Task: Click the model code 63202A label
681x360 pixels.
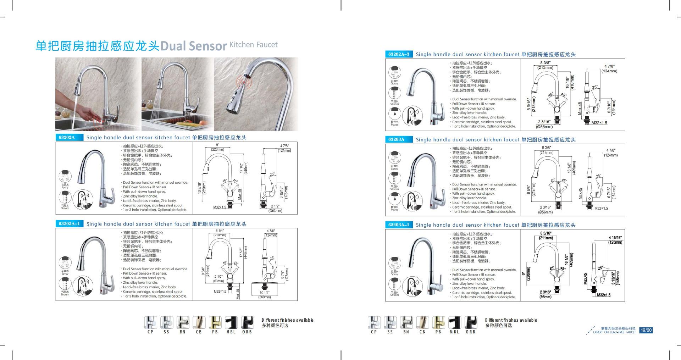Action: pyautogui.click(x=69, y=138)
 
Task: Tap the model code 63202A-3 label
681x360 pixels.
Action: pyautogui.click(x=399, y=54)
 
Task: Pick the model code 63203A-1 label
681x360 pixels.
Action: pyautogui.click(x=399, y=225)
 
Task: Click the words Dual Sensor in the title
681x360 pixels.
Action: pyautogui.click(x=194, y=46)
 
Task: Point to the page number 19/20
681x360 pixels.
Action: pyautogui.click(x=646, y=330)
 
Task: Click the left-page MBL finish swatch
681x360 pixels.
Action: pyautogui.click(x=231, y=322)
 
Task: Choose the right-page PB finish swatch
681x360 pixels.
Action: pyautogui.click(x=438, y=322)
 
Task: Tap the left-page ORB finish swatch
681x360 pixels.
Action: pyautogui.click(x=247, y=322)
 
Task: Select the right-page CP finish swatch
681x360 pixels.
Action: pyautogui.click(x=374, y=322)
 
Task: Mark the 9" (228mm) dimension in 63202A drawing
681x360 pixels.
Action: pyautogui.click(x=217, y=147)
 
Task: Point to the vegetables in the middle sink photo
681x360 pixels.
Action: pyautogui.click(x=188, y=123)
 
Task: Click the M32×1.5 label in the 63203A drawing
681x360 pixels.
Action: pyautogui.click(x=601, y=208)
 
